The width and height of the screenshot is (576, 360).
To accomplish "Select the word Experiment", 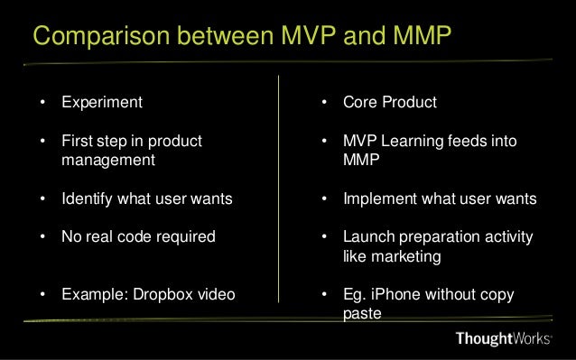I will coord(102,103).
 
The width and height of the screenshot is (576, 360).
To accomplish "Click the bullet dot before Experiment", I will coord(42,103).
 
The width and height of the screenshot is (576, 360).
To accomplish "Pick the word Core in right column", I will coord(361,103).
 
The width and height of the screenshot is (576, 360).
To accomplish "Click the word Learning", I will coord(411,142).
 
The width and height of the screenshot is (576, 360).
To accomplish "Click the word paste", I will coord(363,315).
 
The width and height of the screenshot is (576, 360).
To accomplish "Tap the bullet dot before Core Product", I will coord(325,103).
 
